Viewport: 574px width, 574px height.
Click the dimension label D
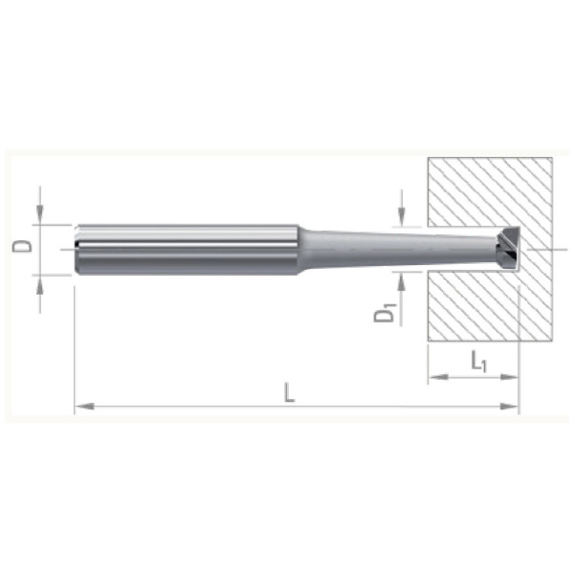pos(22,247)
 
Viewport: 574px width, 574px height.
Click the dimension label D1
pos(386,315)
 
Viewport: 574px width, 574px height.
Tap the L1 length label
pos(478,361)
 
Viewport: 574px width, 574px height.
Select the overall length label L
pos(290,392)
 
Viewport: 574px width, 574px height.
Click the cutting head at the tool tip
pos(509,249)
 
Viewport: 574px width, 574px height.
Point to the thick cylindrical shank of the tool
pos(187,250)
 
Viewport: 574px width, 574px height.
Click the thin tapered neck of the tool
pos(399,250)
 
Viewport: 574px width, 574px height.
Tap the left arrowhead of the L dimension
pos(84,406)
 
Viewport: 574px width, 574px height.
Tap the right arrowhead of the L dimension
pos(510,406)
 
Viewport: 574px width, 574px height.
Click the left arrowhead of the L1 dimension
pos(438,377)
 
